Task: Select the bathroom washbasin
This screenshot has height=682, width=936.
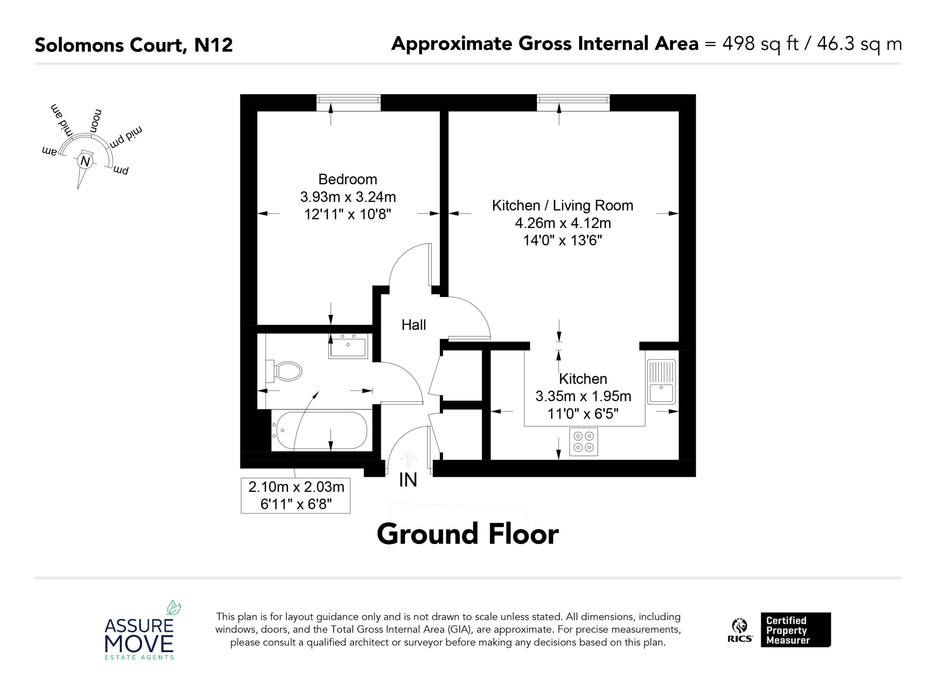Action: pyautogui.click(x=347, y=346)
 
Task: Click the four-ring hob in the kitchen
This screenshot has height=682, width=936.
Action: pyautogui.click(x=584, y=442)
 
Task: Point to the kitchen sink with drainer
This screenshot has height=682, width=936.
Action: pyautogui.click(x=661, y=381)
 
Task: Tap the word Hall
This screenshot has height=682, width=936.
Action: pyautogui.click(x=414, y=325)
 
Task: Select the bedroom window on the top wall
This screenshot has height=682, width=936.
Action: pyautogui.click(x=348, y=103)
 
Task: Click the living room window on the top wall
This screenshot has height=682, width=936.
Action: pyautogui.click(x=573, y=103)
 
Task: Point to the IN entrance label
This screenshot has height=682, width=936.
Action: pyautogui.click(x=408, y=480)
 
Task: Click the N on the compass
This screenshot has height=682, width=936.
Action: pyautogui.click(x=86, y=161)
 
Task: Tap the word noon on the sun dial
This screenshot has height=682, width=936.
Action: pyautogui.click(x=96, y=121)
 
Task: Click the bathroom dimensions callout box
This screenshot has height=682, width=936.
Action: pyautogui.click(x=295, y=496)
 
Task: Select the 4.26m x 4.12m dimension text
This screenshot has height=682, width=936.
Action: pyautogui.click(x=562, y=223)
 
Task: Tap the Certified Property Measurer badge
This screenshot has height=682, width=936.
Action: pyautogui.click(x=796, y=630)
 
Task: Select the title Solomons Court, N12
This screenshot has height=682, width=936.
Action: pyautogui.click(x=134, y=45)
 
